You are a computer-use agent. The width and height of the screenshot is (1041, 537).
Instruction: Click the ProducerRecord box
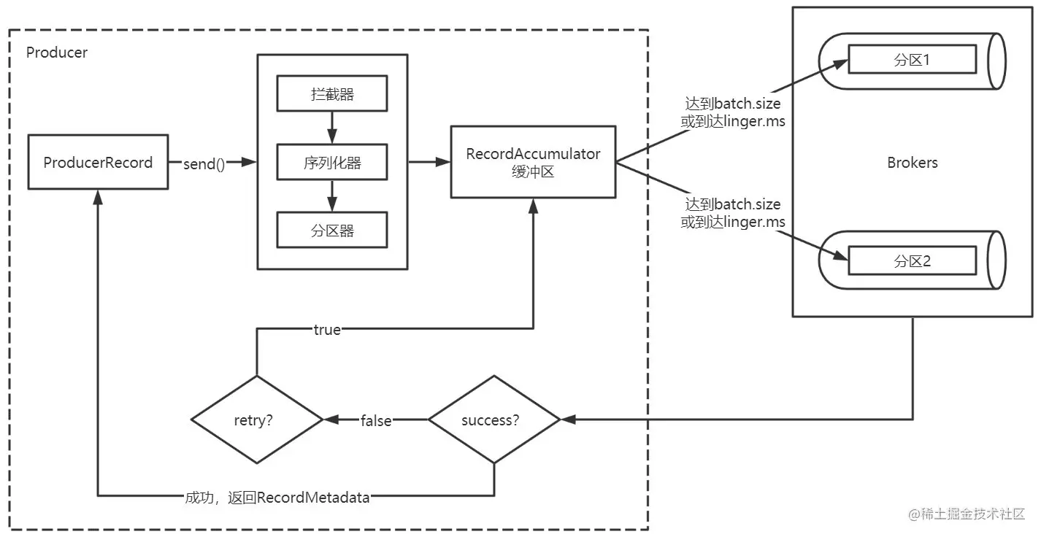pyautogui.click(x=98, y=162)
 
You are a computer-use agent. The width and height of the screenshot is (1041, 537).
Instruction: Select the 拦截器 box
pyautogui.click(x=332, y=94)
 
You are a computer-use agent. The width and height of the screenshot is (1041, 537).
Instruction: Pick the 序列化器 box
pyautogui.click(x=332, y=163)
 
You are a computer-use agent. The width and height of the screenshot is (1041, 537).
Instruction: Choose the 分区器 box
pyautogui.click(x=332, y=231)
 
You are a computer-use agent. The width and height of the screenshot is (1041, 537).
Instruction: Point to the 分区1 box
pyautogui.click(x=911, y=60)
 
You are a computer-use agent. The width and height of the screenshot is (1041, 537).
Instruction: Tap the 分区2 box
pyautogui.click(x=911, y=260)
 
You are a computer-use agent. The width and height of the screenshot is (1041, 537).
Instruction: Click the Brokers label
pyautogui.click(x=912, y=163)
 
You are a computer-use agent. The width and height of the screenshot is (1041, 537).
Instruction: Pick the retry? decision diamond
pyautogui.click(x=256, y=420)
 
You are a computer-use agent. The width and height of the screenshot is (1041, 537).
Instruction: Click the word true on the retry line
pyautogui.click(x=326, y=330)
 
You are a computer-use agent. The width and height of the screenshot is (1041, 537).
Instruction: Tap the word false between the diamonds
pyautogui.click(x=376, y=420)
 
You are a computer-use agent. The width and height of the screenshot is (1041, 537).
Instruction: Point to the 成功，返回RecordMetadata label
pyautogui.click(x=277, y=498)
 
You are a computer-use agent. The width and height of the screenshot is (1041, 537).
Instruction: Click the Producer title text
pyautogui.click(x=57, y=53)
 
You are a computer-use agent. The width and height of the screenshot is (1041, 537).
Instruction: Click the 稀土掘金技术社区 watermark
pyautogui.click(x=967, y=514)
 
